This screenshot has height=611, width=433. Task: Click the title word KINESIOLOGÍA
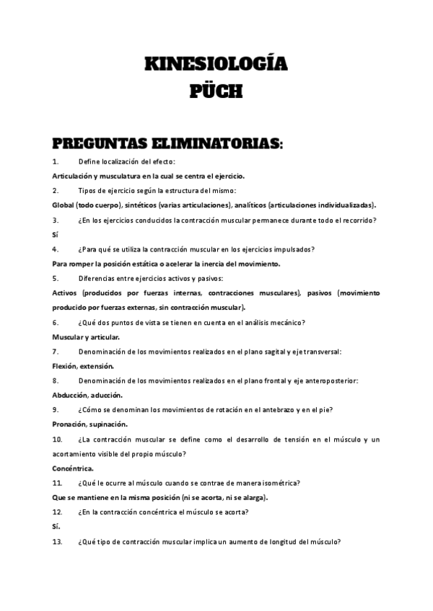point(216,66)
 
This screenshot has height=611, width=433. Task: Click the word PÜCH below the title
point(216,92)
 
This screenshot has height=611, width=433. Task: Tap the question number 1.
point(56,161)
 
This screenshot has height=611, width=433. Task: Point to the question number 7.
point(56,352)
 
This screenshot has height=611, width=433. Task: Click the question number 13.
point(57,542)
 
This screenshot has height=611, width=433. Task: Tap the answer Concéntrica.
point(73,468)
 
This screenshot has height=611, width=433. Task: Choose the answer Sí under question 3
point(56,234)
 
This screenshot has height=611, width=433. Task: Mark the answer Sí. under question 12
point(56,527)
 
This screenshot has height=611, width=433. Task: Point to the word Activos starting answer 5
point(69,293)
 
